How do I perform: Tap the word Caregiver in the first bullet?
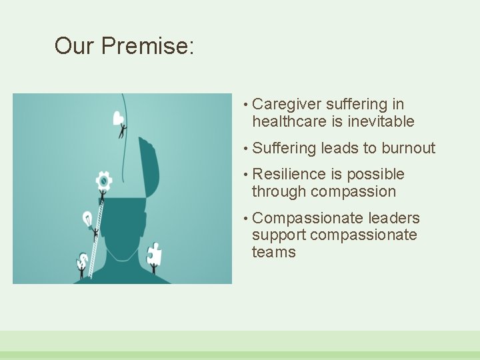coord(287,105)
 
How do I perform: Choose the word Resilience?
coord(289,175)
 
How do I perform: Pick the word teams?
coord(273,253)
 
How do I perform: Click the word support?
coord(279,235)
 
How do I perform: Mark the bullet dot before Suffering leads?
coord(246,148)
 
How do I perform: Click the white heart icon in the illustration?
coord(119,119)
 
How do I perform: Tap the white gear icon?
coord(103,179)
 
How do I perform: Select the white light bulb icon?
coord(87,218)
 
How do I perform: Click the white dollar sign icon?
coord(83,259)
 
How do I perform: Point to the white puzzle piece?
coord(153,254)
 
